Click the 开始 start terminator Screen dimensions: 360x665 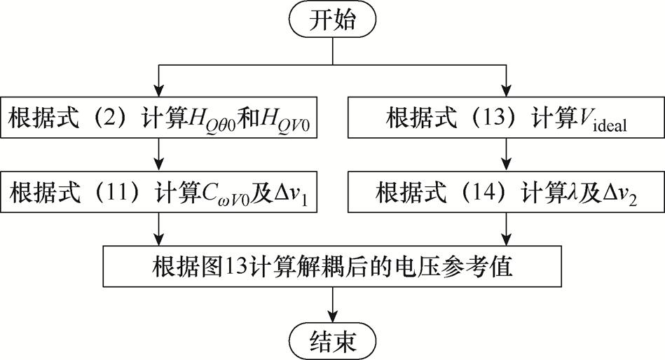[x=333, y=21]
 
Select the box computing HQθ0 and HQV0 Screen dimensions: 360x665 [x=162, y=118]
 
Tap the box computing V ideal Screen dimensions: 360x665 [x=505, y=118]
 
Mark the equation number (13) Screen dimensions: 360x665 [x=465, y=118]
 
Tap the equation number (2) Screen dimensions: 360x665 [x=114, y=118]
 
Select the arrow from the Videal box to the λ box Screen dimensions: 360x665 [x=505, y=155]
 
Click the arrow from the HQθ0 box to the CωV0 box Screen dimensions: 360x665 [x=162, y=155]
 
